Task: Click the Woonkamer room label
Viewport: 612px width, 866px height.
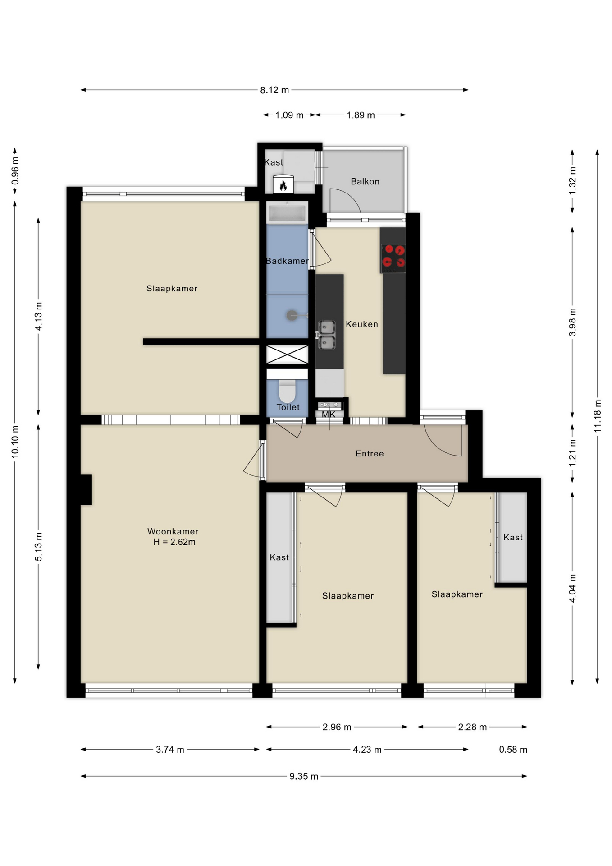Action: (173, 531)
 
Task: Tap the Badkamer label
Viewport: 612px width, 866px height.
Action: (287, 261)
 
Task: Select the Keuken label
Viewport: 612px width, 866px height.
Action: (362, 324)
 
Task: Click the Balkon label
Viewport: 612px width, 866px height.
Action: (365, 181)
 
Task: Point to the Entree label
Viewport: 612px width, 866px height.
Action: (370, 453)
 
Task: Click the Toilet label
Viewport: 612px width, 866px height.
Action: (288, 407)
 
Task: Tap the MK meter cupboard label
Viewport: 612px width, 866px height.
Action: (329, 414)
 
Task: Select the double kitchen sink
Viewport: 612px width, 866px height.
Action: (327, 335)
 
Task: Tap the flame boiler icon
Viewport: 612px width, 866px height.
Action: (283, 184)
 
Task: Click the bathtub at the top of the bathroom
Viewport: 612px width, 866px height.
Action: (287, 212)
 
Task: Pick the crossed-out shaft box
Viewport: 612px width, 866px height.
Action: (287, 355)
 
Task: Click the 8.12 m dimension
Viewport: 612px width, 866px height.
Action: (274, 90)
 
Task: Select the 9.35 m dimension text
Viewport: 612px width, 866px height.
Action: (304, 776)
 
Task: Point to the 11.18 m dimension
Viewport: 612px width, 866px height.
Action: (598, 416)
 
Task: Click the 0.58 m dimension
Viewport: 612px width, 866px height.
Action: (513, 750)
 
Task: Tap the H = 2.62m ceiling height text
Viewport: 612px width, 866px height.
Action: (174, 542)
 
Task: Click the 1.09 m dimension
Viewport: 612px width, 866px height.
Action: (289, 115)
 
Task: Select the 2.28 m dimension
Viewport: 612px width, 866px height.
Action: (472, 727)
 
